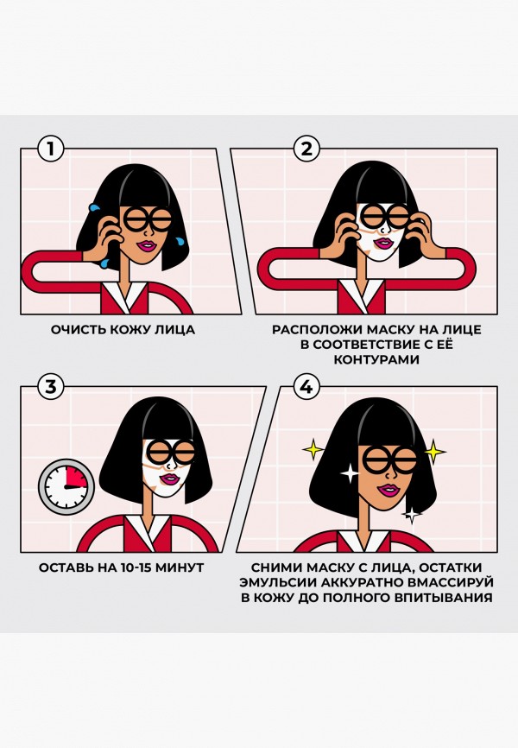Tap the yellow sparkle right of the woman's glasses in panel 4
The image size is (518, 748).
point(435,451)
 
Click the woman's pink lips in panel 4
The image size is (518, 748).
point(388,490)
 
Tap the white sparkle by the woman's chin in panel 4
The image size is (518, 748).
point(413,515)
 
